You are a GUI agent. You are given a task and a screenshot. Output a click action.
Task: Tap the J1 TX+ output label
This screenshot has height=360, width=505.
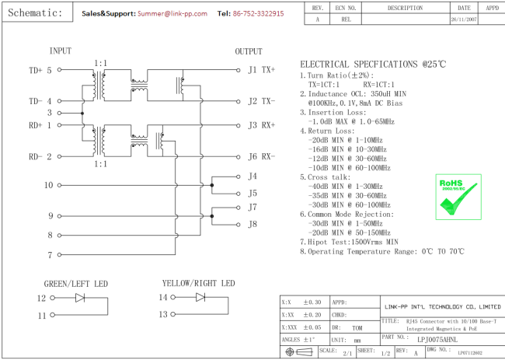[261, 69]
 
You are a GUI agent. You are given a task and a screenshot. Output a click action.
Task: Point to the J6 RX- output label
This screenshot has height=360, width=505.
[261, 156]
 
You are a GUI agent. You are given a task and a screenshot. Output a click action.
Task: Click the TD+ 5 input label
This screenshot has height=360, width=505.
[40, 70]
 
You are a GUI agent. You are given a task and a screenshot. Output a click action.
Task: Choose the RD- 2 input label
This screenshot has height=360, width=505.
[40, 156]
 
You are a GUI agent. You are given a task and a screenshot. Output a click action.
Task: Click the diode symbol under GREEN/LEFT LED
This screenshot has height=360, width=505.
[80, 297]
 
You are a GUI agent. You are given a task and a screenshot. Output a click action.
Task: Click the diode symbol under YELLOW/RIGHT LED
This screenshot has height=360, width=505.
[200, 297]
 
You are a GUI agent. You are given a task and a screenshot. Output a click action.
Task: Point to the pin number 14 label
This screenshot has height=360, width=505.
[163, 297]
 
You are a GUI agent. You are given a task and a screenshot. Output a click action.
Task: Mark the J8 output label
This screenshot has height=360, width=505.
[252, 224]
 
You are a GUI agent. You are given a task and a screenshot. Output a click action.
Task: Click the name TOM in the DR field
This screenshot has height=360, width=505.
[357, 327]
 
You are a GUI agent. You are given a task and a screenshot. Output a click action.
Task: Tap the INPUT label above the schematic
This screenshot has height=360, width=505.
[61, 51]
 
